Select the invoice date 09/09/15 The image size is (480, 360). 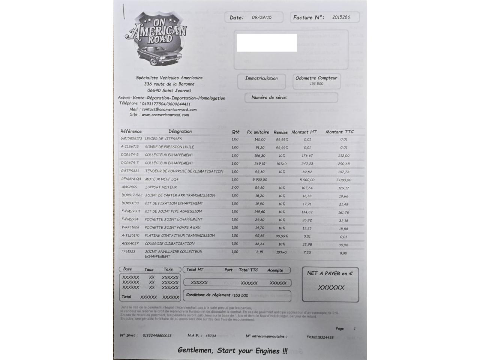262,17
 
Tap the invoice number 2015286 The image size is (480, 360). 341,17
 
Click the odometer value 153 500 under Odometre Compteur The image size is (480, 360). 316,84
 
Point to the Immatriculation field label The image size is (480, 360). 261,78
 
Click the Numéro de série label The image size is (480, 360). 269,97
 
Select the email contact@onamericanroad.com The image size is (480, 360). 169,109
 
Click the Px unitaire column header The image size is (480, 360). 258,132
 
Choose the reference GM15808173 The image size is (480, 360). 131,139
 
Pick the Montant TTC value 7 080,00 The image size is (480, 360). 343,180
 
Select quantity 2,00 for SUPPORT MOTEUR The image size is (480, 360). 235,187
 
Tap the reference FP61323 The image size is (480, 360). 128,252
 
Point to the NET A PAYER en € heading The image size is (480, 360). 330,273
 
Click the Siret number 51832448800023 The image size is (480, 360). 157,336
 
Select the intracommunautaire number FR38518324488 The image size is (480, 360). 320,337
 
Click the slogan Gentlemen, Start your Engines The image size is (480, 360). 232,351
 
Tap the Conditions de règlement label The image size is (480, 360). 209,295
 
